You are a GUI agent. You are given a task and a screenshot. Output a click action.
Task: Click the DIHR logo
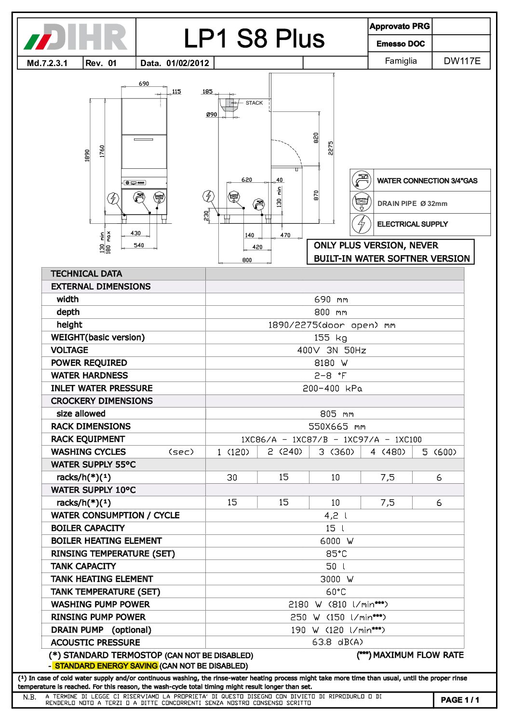tap(76, 37)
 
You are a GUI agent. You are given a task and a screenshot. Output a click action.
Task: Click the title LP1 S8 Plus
tap(254, 39)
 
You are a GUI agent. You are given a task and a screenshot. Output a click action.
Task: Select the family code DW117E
tap(462, 61)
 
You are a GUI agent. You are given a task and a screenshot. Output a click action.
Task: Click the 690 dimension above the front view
tap(144, 84)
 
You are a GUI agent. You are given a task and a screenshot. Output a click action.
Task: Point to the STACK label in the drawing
tap(254, 103)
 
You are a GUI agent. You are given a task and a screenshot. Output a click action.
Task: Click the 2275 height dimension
tap(331, 148)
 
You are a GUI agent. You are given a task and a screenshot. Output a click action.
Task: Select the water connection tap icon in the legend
tap(361, 180)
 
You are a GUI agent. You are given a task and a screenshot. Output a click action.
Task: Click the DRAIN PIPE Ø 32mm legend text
tap(412, 204)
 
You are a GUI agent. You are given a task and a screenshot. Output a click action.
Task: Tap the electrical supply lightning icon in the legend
tap(361, 224)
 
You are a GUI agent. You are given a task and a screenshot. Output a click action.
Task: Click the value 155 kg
tap(330, 338)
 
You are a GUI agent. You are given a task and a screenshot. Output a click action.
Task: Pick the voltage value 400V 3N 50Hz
tap(332, 351)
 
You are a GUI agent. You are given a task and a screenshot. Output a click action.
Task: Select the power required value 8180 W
tap(331, 363)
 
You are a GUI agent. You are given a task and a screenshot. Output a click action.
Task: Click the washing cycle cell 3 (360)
tap(336, 452)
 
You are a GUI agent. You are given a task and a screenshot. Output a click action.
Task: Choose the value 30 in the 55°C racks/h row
tap(232, 477)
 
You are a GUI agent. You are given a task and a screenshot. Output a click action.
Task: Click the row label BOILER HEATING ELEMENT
tap(107, 541)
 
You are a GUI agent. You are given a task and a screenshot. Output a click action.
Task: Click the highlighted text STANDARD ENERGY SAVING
tap(106, 666)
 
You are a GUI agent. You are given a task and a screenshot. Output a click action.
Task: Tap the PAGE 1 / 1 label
tap(460, 700)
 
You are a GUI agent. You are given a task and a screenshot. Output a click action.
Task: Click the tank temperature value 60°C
tap(336, 592)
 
